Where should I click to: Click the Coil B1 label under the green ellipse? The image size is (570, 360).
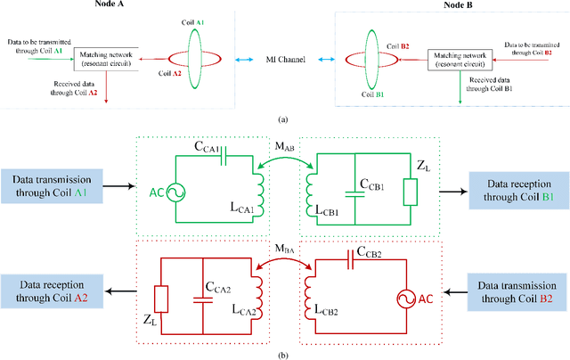click(x=371, y=95)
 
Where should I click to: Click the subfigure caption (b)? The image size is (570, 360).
click(x=282, y=354)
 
